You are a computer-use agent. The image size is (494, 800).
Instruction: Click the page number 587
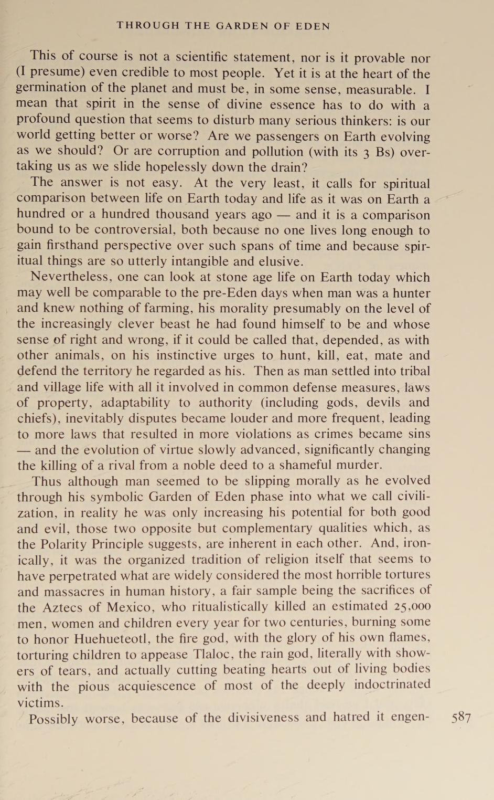point(461,718)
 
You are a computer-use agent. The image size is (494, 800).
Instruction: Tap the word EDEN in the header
point(313,26)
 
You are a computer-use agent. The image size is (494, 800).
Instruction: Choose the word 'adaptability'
point(132,403)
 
